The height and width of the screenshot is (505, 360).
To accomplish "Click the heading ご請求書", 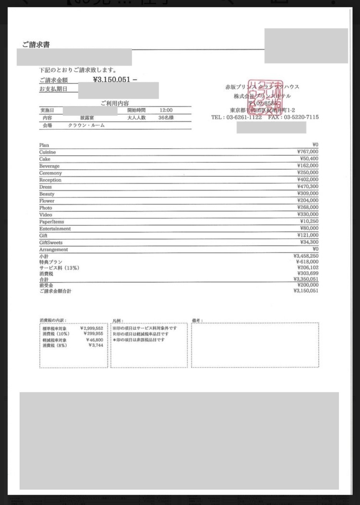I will pos(36,45).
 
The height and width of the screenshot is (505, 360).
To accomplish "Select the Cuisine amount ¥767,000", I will pos(308,152).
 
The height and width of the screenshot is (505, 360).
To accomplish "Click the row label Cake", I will pos(45,159).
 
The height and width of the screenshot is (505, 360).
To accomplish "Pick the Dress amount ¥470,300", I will pos(308,187).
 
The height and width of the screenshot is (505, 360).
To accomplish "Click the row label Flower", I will pos(47,201).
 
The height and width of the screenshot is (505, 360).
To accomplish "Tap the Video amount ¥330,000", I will pos(308,214).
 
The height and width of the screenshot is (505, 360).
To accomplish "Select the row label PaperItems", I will pos(51,222).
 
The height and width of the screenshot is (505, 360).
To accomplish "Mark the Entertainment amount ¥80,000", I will pos(309,228).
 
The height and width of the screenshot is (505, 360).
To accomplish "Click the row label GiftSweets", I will pos(51,243).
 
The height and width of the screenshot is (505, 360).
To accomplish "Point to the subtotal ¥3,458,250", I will pos(306,256).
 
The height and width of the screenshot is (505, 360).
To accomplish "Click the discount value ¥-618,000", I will pos(307,262).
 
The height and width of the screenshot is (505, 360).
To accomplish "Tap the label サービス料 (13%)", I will pos(59,268).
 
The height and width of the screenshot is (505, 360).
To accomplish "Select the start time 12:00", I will pos(166,110).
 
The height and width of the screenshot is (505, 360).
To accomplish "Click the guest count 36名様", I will pos(166,118).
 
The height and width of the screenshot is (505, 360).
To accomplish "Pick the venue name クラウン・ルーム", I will pos(86,126).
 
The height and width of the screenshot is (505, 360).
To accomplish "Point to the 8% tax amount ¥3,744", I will pos(96,345).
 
